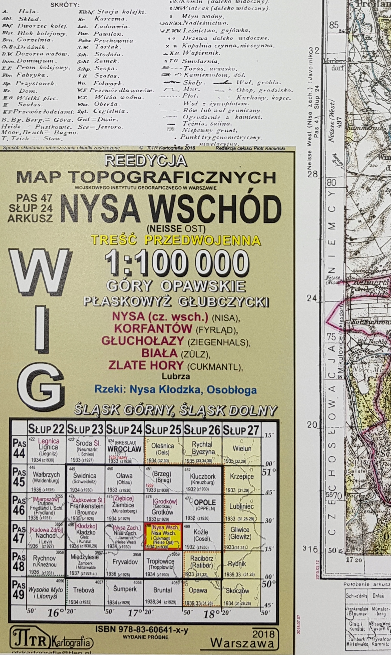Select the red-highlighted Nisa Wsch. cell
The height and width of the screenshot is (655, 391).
163,537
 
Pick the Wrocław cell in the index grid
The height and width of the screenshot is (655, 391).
124,451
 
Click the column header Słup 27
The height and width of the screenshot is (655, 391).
240,430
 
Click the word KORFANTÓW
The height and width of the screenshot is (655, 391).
153,329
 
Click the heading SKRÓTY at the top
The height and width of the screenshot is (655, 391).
65,5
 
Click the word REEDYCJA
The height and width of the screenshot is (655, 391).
146,161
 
